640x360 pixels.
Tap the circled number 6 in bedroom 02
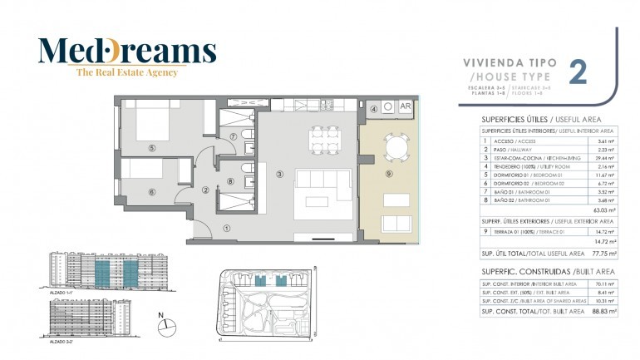(151, 191)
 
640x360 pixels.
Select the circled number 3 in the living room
(280, 174)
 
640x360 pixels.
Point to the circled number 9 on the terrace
(388, 174)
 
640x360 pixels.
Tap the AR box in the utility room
(406, 107)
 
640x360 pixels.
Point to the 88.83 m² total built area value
(604, 311)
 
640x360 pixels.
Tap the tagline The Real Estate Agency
(127, 73)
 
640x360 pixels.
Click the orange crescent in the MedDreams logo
(119, 52)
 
